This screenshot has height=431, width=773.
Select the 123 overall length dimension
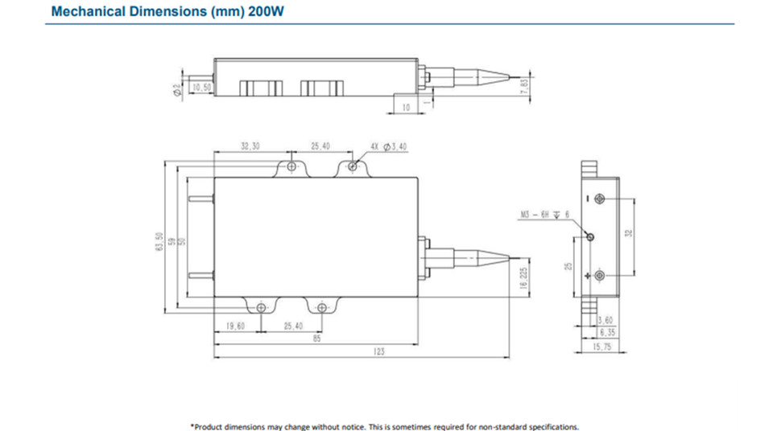tap(380, 351)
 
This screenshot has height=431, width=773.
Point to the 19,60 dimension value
tap(236, 326)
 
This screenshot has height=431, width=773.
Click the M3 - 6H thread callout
tap(543, 214)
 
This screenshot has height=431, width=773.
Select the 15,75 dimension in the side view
tap(603, 347)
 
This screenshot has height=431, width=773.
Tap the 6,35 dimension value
tap(606, 332)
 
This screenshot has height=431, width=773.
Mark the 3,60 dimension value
tap(605, 320)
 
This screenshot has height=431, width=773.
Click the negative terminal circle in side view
tap(600, 199)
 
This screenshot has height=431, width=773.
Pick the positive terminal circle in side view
tap(600, 276)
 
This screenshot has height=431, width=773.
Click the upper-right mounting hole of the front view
tap(353, 166)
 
